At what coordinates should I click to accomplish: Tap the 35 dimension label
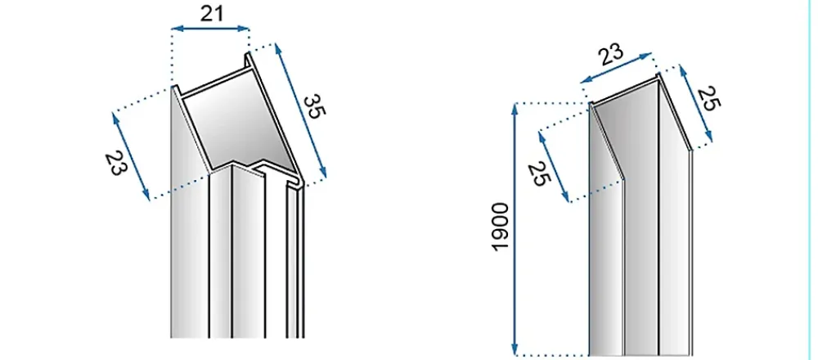(312, 106)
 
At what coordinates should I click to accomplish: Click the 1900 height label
(500, 227)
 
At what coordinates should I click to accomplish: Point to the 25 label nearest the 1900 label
(539, 174)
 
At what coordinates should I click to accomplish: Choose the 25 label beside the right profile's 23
(708, 99)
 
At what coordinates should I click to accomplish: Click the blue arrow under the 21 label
(211, 29)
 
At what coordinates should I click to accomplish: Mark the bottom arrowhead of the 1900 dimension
(515, 349)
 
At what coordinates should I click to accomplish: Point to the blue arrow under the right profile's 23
(616, 68)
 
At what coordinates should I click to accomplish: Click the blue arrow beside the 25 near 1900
(554, 166)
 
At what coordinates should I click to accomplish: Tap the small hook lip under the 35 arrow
(295, 182)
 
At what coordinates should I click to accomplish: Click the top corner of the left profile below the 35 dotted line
(249, 52)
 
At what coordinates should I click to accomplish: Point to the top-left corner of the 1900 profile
(590, 103)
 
